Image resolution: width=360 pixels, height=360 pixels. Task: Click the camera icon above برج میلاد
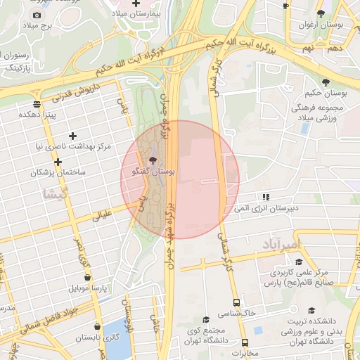[37, 15]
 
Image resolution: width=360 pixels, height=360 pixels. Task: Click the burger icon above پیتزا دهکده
[37, 103]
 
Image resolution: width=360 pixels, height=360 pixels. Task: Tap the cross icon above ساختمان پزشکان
[58, 161]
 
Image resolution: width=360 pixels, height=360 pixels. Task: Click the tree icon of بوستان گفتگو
[153, 161]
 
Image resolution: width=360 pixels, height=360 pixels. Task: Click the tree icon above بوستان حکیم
[324, 82]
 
